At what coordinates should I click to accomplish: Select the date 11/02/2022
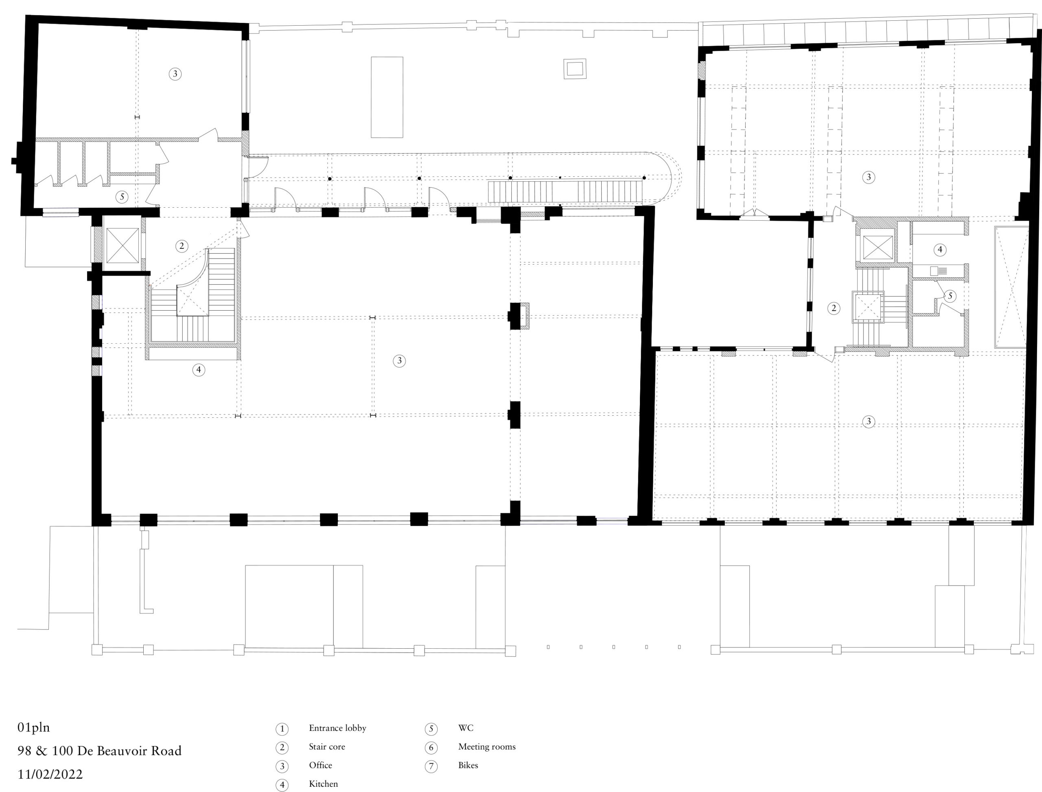coord(50,774)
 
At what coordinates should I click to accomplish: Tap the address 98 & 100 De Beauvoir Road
coord(99,750)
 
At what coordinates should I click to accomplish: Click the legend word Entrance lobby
coord(337,728)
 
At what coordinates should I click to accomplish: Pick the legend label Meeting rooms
coord(487,746)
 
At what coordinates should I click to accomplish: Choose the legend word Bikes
coord(468,765)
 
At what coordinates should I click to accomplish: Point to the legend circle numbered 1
coord(282,729)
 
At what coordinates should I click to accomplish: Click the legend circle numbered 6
coord(431,748)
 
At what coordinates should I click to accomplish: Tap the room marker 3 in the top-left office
coord(175,74)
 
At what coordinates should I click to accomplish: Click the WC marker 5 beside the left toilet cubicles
coord(122,197)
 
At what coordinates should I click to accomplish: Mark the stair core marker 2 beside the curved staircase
coord(182,246)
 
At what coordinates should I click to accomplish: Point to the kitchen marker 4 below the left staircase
coord(198,370)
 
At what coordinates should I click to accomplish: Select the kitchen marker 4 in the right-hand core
coord(940,249)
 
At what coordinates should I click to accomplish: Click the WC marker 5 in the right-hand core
coord(950,296)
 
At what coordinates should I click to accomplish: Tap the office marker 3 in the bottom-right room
coord(869,421)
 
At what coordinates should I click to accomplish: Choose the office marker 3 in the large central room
coord(399,361)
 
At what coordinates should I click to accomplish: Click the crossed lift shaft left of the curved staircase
coord(123,245)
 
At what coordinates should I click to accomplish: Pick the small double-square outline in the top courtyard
coord(575,69)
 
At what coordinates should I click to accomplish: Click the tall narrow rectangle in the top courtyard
coord(387,97)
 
